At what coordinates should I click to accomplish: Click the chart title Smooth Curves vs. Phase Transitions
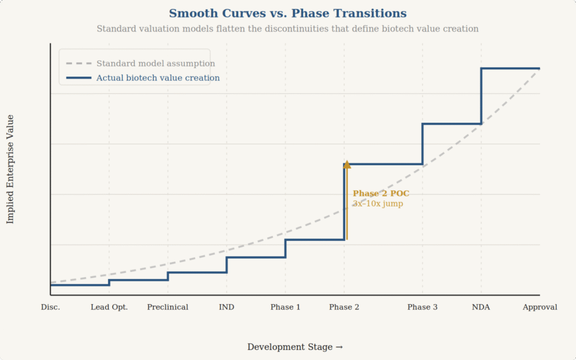pyautogui.click(x=287, y=13)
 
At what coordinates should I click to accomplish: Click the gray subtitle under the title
pyautogui.click(x=287, y=29)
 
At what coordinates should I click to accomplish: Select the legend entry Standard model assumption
pyautogui.click(x=155, y=64)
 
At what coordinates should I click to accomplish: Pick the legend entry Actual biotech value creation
pyautogui.click(x=157, y=78)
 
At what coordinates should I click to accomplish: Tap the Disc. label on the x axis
pyautogui.click(x=51, y=307)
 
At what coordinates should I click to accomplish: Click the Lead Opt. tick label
pyautogui.click(x=109, y=307)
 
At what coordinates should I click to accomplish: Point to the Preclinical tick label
pyautogui.click(x=168, y=307)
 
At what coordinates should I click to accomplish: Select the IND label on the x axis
pyautogui.click(x=227, y=307)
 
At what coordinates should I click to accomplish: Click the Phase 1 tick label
pyautogui.click(x=285, y=307)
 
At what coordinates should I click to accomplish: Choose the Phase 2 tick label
pyautogui.click(x=344, y=307)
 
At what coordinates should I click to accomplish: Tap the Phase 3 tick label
pyautogui.click(x=422, y=307)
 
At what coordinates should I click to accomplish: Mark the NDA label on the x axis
pyautogui.click(x=481, y=307)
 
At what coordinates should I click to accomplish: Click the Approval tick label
pyautogui.click(x=539, y=307)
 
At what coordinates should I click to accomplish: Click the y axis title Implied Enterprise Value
pyautogui.click(x=10, y=169)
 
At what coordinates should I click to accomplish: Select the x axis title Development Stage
pyautogui.click(x=295, y=347)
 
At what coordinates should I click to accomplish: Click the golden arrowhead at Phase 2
pyautogui.click(x=347, y=164)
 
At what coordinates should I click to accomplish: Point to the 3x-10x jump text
pyautogui.click(x=377, y=204)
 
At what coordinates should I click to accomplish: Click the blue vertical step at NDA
pyautogui.click(x=481, y=96)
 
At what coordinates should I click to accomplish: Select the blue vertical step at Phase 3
pyautogui.click(x=422, y=144)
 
